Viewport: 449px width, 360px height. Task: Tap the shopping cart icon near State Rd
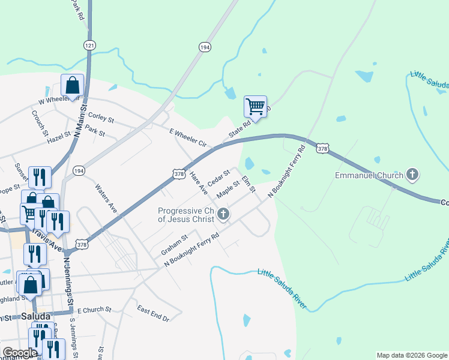[255, 107]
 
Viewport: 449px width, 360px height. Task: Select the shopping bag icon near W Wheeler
[72, 86]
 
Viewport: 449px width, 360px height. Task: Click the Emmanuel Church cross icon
[412, 175]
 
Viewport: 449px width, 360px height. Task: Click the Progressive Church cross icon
[223, 214]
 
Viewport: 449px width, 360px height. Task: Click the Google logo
[20, 353]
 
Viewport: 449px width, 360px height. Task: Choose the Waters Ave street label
[105, 198]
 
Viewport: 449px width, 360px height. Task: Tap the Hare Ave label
[198, 183]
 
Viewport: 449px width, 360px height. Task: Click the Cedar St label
[218, 178]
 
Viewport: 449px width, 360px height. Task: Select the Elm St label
[249, 184]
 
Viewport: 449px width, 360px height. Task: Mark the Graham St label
[175, 245]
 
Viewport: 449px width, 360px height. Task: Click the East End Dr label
[152, 313]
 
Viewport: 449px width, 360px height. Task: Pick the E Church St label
[95, 310]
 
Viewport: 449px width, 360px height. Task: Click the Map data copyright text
[412, 355]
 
